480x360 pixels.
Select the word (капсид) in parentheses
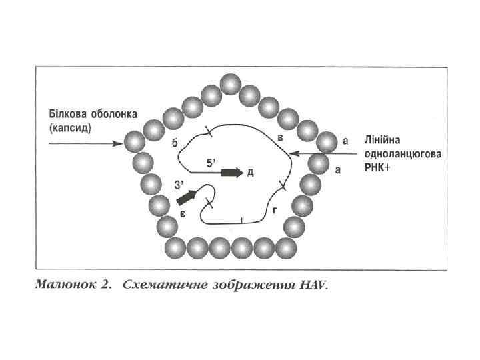click(x=70, y=127)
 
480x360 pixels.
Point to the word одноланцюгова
click(x=403, y=154)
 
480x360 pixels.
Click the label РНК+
click(x=378, y=167)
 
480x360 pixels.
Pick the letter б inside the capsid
click(x=174, y=144)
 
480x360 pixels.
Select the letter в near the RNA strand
click(x=281, y=137)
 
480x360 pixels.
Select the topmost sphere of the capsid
click(x=230, y=85)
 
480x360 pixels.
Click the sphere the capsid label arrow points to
click(x=134, y=142)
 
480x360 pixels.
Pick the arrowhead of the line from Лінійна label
click(x=294, y=155)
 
